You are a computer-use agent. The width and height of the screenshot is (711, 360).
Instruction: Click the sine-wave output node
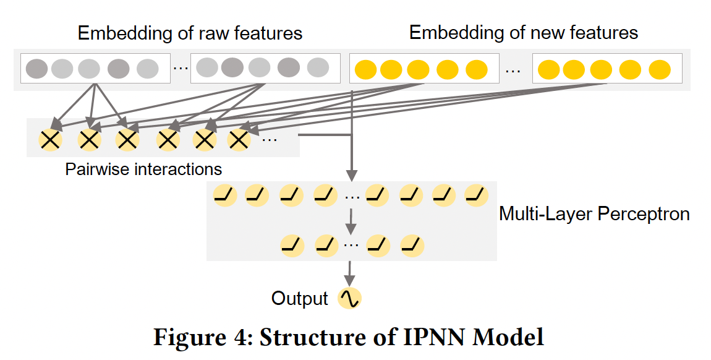[x=349, y=299]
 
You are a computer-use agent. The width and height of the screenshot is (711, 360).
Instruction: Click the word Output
[x=300, y=299]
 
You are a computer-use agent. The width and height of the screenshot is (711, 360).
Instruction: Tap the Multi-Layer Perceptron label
[x=594, y=214]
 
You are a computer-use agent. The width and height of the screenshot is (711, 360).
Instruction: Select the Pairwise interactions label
[x=143, y=169]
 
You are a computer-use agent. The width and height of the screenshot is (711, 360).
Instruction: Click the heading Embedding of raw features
[x=190, y=33]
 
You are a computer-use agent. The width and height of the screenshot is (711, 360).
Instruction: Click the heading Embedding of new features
[x=524, y=33]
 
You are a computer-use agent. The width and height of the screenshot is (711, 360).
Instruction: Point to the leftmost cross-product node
[x=51, y=140]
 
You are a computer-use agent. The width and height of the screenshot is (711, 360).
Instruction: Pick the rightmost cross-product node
[x=239, y=140]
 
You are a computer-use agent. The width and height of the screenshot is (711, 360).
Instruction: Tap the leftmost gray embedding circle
[x=36, y=68]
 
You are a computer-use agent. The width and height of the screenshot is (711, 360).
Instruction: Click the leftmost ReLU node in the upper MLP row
[x=224, y=195]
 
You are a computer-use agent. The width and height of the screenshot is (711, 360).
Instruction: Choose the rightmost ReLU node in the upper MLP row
[x=476, y=195]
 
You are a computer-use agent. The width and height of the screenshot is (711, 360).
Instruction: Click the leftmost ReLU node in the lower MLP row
[x=292, y=245]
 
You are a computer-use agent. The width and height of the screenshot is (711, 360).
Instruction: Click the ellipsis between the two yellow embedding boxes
[x=513, y=70]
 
